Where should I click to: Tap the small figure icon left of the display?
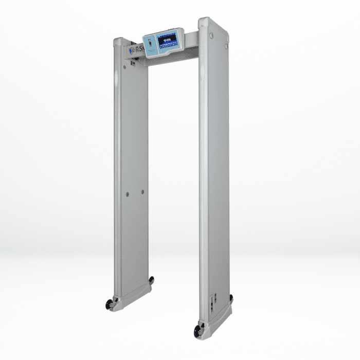tap(151, 44)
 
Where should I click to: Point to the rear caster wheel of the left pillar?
tap(151, 280)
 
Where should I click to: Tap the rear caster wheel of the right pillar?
tap(231, 298)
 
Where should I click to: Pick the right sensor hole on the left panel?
tap(143, 192)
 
